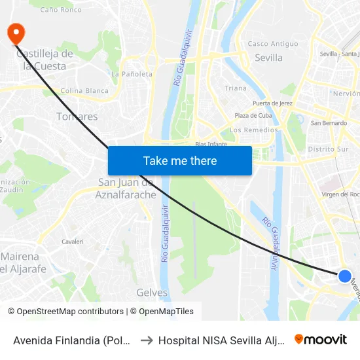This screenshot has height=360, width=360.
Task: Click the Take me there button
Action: tap(180, 160)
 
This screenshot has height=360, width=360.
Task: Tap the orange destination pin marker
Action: tap(14, 33)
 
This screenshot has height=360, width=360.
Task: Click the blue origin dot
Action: tap(345, 276)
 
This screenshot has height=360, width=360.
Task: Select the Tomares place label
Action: tap(77, 117)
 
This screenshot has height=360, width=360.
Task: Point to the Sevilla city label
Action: tap(268, 58)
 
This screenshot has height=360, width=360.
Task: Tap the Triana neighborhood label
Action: tap(236, 88)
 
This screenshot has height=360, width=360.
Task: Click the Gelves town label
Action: tap(152, 293)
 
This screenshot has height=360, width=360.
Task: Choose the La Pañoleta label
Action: tap(132, 74)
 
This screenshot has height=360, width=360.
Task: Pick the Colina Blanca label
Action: tap(84, 91)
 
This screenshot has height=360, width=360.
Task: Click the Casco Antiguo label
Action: tap(266, 44)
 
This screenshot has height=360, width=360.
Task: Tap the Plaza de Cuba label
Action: tap(253, 116)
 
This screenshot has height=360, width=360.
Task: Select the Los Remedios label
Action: tap(254, 130)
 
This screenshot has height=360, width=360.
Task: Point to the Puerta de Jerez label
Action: tap(271, 103)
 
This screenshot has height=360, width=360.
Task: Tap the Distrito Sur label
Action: tap(328, 149)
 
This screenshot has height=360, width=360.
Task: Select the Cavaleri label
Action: tap(72, 242)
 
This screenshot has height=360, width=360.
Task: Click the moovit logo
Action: tap(321, 339)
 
